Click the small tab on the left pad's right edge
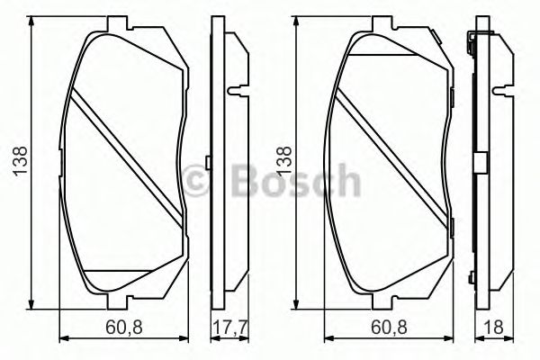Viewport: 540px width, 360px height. click(x=207, y=163)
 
